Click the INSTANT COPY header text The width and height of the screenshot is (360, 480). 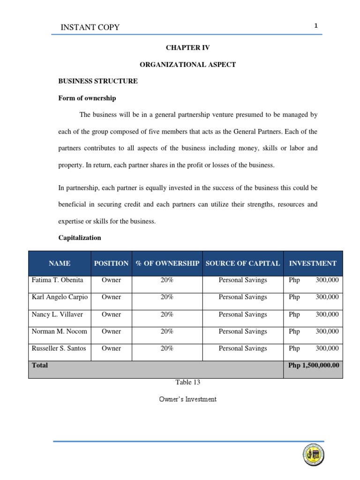[x=90, y=27]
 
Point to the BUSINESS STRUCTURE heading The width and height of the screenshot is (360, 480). [x=98, y=81]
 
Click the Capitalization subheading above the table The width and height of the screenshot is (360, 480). [x=80, y=238]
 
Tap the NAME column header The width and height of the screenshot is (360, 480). [x=59, y=263]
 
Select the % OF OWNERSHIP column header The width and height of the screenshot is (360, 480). [x=167, y=263]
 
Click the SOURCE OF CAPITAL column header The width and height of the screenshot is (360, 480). [x=243, y=263]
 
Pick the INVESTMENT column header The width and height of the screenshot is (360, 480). [x=313, y=263]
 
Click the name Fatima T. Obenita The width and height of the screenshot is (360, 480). [x=57, y=280]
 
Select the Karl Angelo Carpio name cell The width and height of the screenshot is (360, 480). [x=60, y=297]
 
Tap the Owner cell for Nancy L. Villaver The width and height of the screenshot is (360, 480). [x=111, y=315]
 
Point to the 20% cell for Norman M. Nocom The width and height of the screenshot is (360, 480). [x=167, y=331]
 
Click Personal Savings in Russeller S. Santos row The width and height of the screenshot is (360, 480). [x=243, y=349]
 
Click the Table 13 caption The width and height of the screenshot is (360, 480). [x=188, y=382]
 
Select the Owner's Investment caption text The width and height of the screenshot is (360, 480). [x=188, y=399]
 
